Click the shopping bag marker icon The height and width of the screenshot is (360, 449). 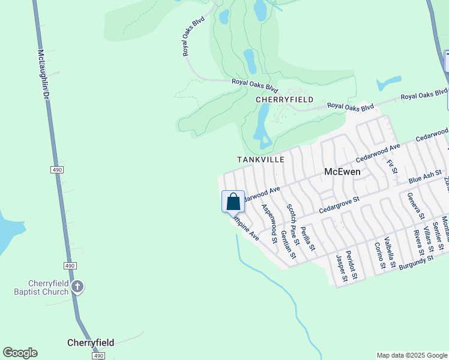(x=234, y=202)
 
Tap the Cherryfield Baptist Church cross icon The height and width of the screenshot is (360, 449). (x=77, y=287)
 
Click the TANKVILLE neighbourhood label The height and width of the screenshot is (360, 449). (x=261, y=160)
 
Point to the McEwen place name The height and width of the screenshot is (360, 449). (x=342, y=172)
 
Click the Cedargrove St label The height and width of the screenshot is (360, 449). (x=339, y=205)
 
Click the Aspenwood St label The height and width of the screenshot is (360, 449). (x=268, y=224)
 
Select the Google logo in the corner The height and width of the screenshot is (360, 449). (x=20, y=353)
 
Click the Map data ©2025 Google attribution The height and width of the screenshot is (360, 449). (x=412, y=355)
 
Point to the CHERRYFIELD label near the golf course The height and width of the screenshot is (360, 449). (x=285, y=100)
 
